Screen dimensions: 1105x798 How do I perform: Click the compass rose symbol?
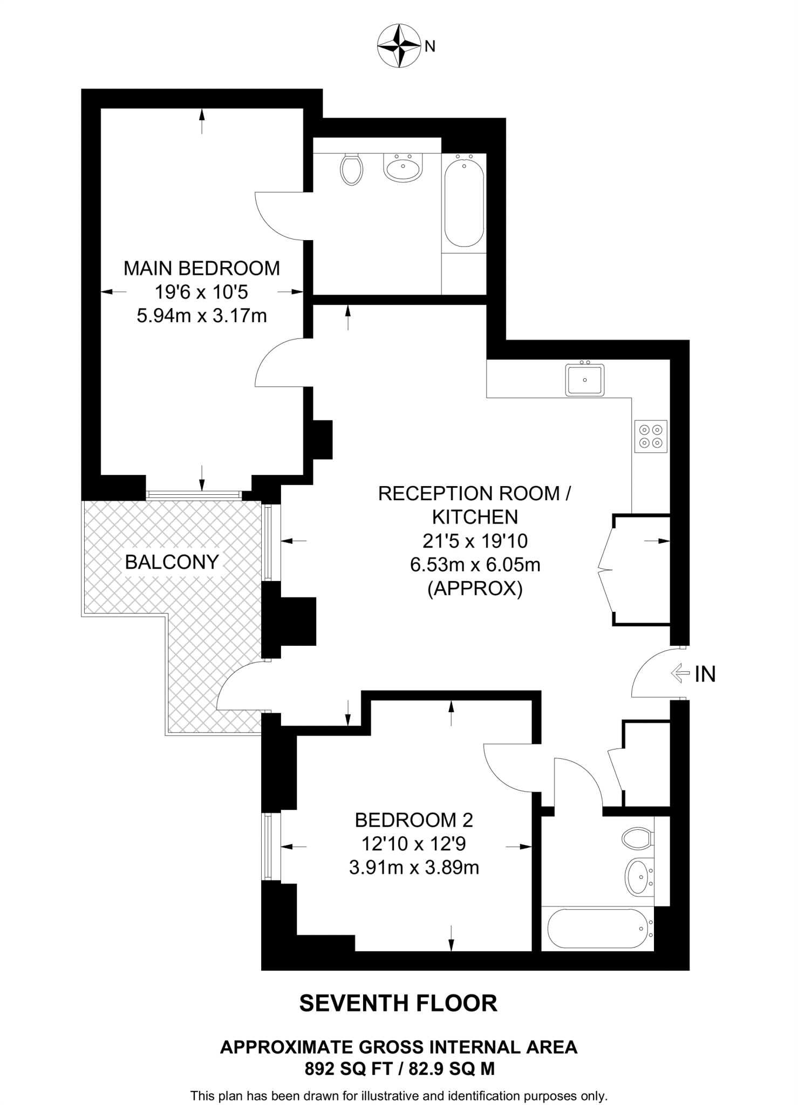tap(399, 46)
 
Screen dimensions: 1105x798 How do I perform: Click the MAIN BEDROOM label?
tap(202, 268)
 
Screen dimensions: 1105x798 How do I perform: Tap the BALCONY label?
tap(172, 562)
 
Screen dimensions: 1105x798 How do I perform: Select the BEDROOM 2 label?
tap(414, 820)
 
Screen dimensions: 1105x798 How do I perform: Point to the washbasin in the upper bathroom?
tap(402, 167)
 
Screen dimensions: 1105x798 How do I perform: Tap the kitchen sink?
tap(585, 380)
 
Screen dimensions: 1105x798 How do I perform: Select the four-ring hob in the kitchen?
tap(651, 436)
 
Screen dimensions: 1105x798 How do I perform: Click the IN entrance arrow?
tap(680, 673)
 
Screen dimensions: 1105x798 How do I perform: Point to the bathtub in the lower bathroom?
tap(597, 929)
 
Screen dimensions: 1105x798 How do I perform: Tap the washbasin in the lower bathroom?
tap(638, 877)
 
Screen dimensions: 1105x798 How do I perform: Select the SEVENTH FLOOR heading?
tap(398, 1004)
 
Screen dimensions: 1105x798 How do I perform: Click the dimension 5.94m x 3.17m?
tap(202, 316)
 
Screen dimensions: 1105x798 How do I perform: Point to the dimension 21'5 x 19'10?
tap(475, 541)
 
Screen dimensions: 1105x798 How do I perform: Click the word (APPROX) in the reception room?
tap(475, 589)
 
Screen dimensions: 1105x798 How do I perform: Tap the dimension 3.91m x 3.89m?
tap(414, 868)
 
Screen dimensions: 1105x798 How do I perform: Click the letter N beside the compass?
tap(430, 47)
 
